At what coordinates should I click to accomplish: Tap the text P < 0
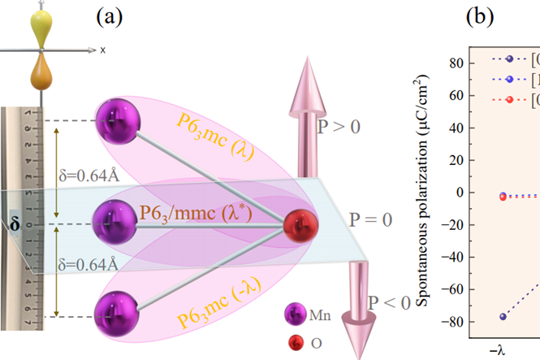[x=390, y=303]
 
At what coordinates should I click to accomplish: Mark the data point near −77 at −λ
[x=503, y=315]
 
